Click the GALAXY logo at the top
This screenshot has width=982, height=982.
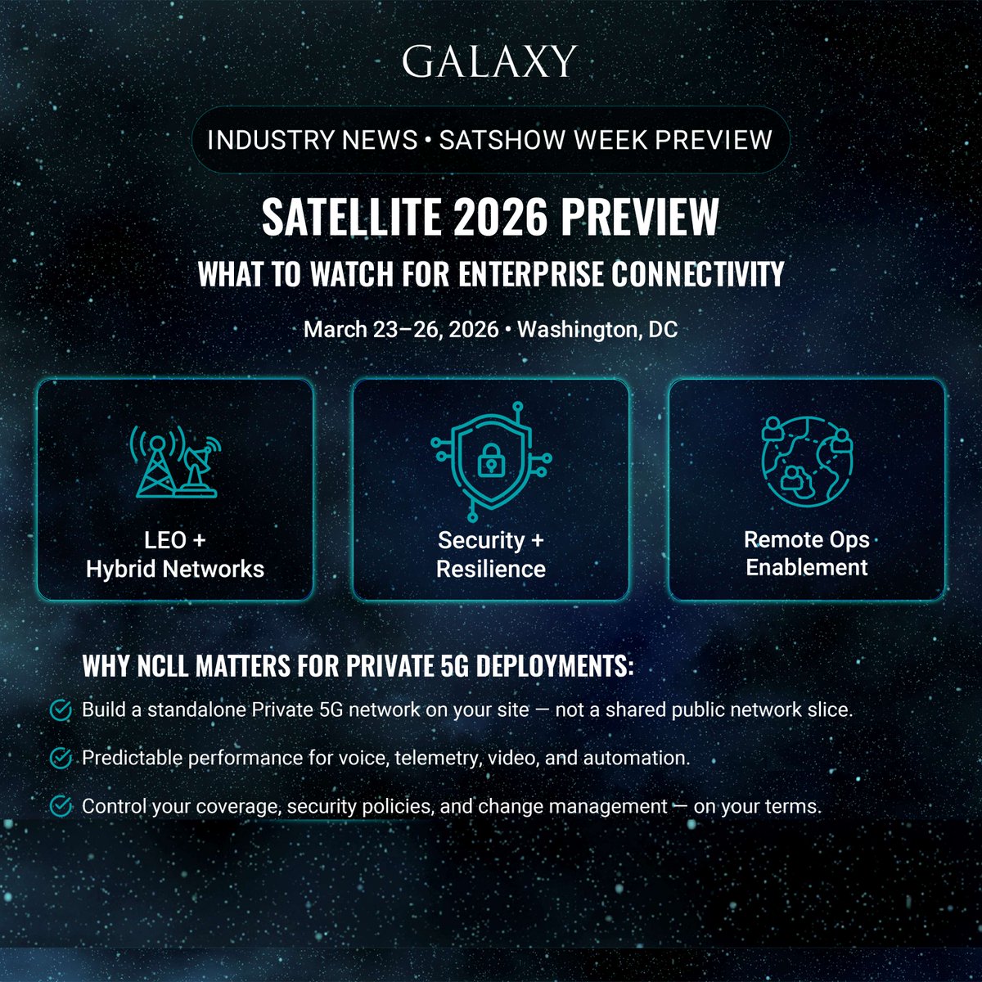pos(489,61)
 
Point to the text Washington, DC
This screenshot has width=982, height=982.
pos(597,330)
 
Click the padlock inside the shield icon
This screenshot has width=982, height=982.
pos(490,461)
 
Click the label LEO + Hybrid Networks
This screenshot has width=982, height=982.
pos(175,554)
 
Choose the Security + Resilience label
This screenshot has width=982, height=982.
pos(490,554)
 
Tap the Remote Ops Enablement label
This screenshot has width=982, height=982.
pos(806,553)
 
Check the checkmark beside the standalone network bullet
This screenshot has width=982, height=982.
pos(61,710)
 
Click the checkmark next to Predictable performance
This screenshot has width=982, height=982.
pos(61,759)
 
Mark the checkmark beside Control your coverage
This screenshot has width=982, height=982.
pos(61,807)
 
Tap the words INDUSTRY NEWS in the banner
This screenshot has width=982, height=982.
pos(313,140)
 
